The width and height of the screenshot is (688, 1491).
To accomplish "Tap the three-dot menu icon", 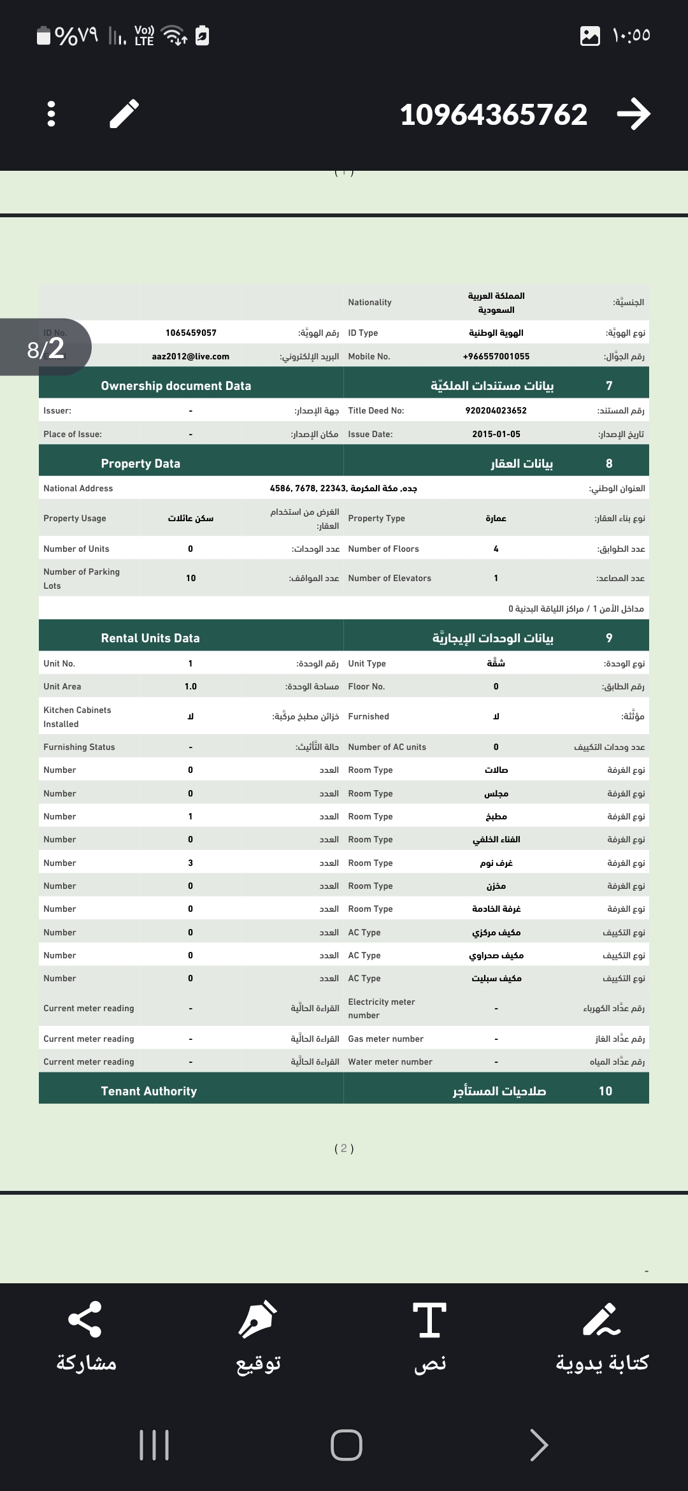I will [52, 114].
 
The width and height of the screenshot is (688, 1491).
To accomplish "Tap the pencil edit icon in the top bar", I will [124, 114].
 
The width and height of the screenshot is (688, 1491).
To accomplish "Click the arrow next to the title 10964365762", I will [633, 114].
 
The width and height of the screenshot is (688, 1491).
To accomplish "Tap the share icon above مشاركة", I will [85, 1319].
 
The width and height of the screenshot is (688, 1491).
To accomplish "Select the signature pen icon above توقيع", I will [257, 1319].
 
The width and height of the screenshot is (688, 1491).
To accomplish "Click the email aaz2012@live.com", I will [190, 356].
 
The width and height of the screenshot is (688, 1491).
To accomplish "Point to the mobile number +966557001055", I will [496, 356].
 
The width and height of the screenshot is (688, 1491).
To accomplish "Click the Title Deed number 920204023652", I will [496, 410].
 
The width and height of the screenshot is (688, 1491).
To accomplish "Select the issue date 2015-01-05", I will [496, 434].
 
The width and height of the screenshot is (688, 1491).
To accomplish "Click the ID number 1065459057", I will [190, 333].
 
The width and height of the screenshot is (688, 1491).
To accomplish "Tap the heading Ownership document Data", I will [176, 385].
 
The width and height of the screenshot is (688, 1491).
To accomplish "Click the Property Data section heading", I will [141, 463].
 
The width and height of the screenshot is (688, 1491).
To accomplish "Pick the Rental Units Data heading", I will [150, 638].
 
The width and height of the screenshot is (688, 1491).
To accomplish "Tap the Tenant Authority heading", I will [149, 1091].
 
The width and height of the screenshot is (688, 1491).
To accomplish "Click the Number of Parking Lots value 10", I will [190, 578].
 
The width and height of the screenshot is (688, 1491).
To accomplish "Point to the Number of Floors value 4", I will [496, 549].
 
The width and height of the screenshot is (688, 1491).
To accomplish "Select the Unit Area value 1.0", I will [190, 686].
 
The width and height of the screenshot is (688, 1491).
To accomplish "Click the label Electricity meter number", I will [382, 1008].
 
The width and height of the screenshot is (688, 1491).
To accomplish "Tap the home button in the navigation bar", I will [347, 1444].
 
